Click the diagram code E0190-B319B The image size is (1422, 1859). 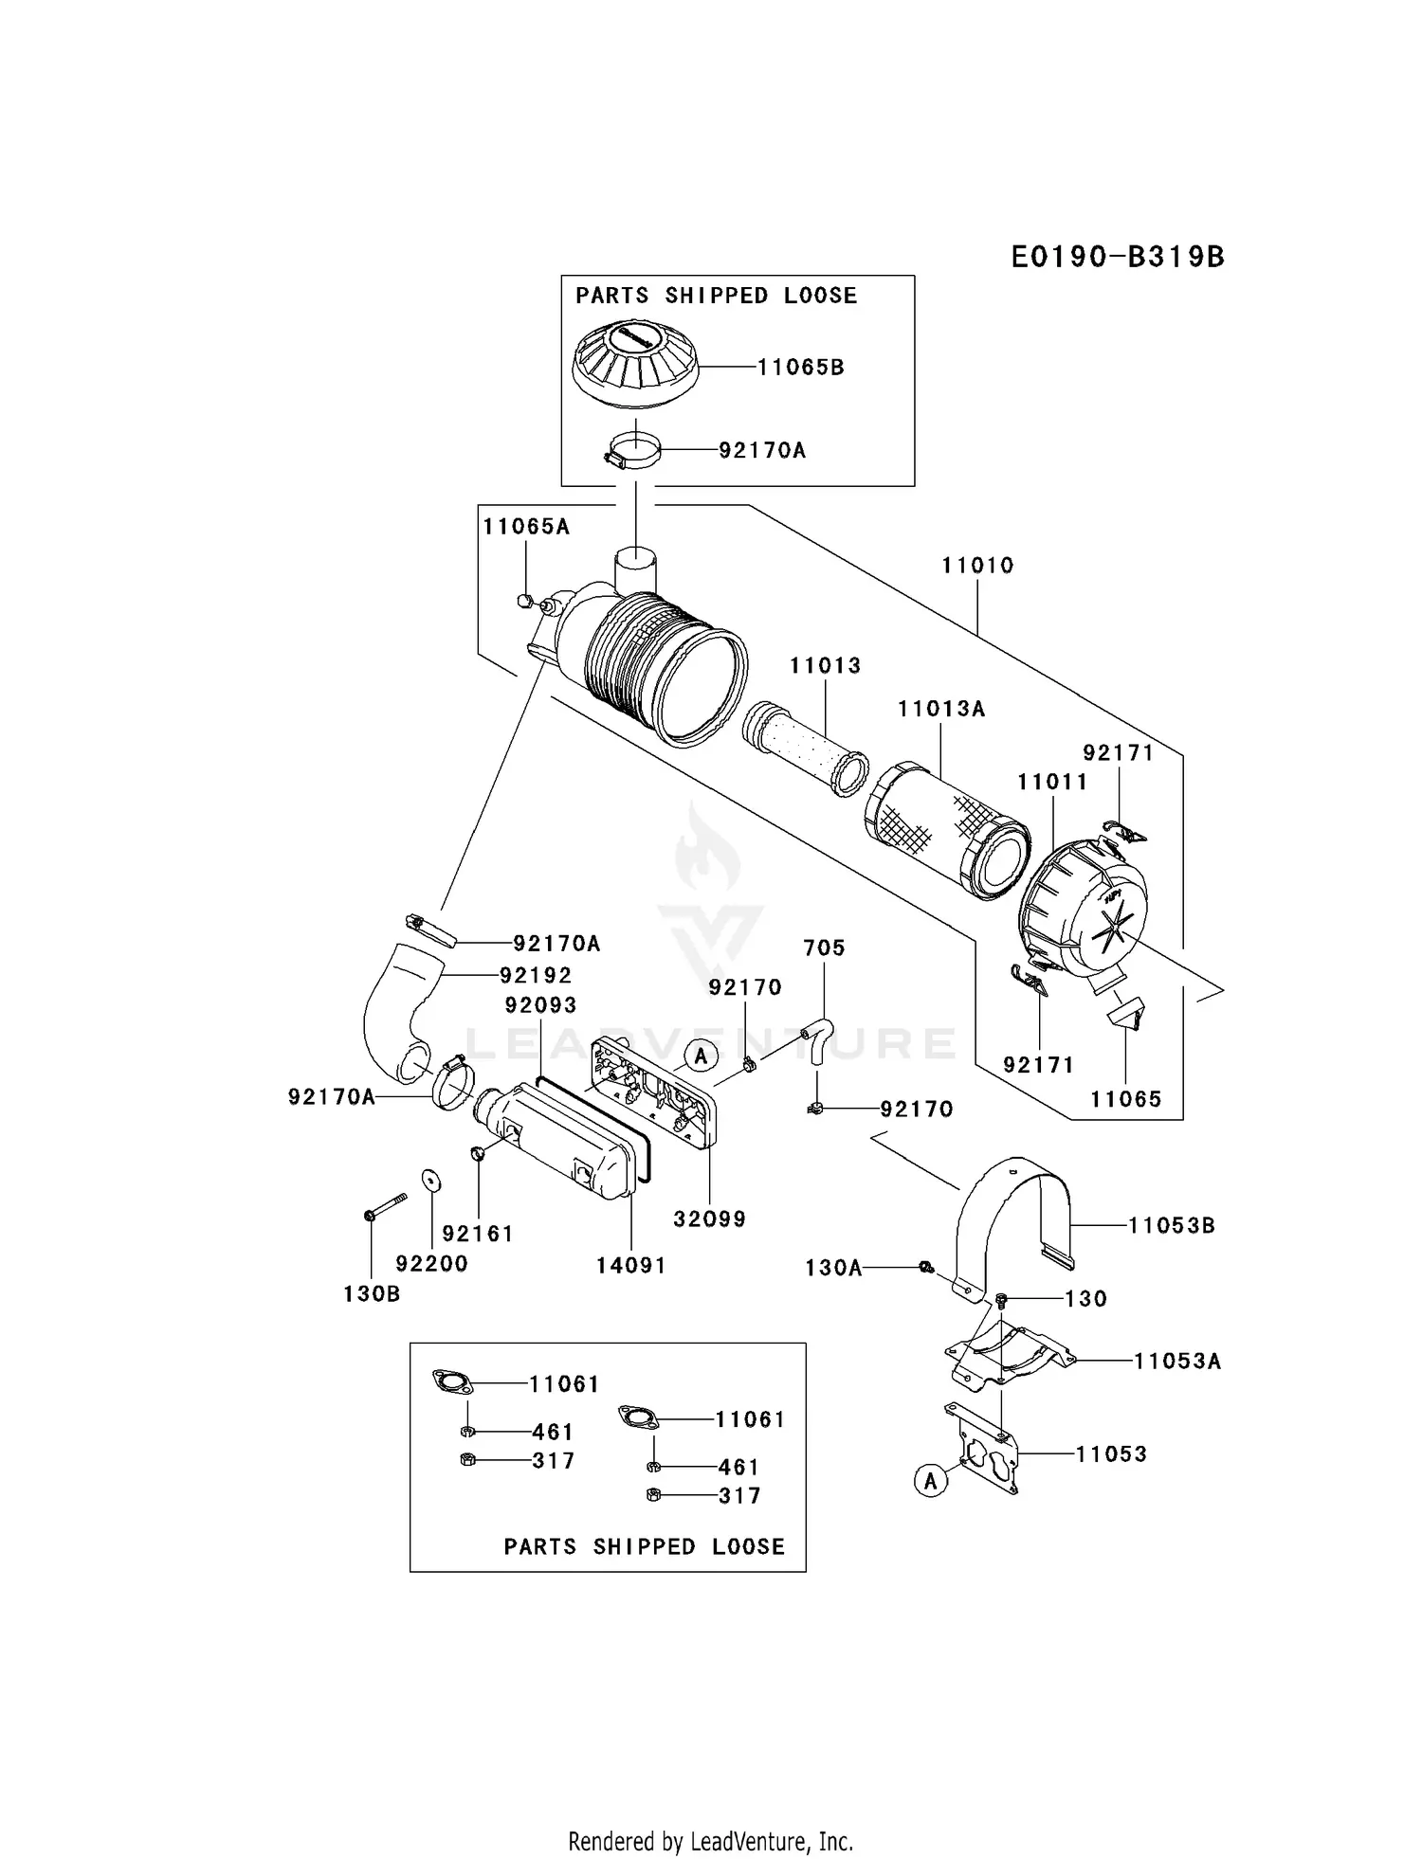point(1117,257)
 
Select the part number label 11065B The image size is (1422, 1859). point(800,367)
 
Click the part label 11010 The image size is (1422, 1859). point(977,566)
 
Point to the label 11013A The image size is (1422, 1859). point(941,709)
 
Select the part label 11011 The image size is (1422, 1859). point(1052,782)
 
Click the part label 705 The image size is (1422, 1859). point(824,948)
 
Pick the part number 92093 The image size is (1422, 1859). point(540,1004)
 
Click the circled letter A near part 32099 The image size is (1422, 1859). point(701,1056)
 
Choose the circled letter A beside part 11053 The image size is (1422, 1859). point(930,1480)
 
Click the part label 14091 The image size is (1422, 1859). point(630,1265)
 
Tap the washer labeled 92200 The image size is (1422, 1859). point(429,1178)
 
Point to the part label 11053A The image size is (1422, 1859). point(1177,1362)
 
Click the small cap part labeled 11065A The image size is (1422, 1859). point(522,600)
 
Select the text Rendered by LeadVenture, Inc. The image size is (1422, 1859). point(710,1841)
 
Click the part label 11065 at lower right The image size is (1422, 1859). point(1125,1099)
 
